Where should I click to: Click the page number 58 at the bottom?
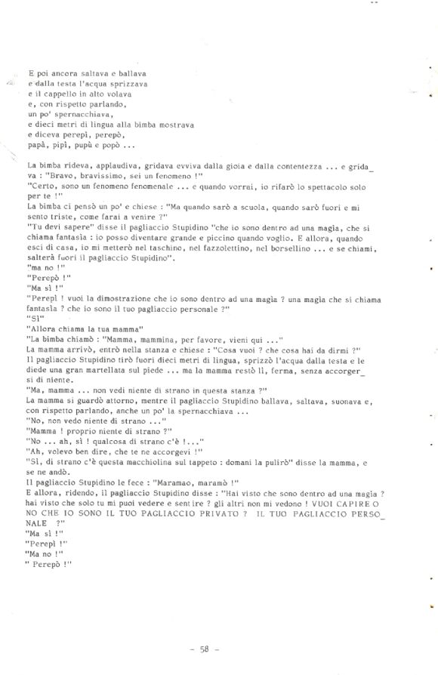click(x=211, y=647)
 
